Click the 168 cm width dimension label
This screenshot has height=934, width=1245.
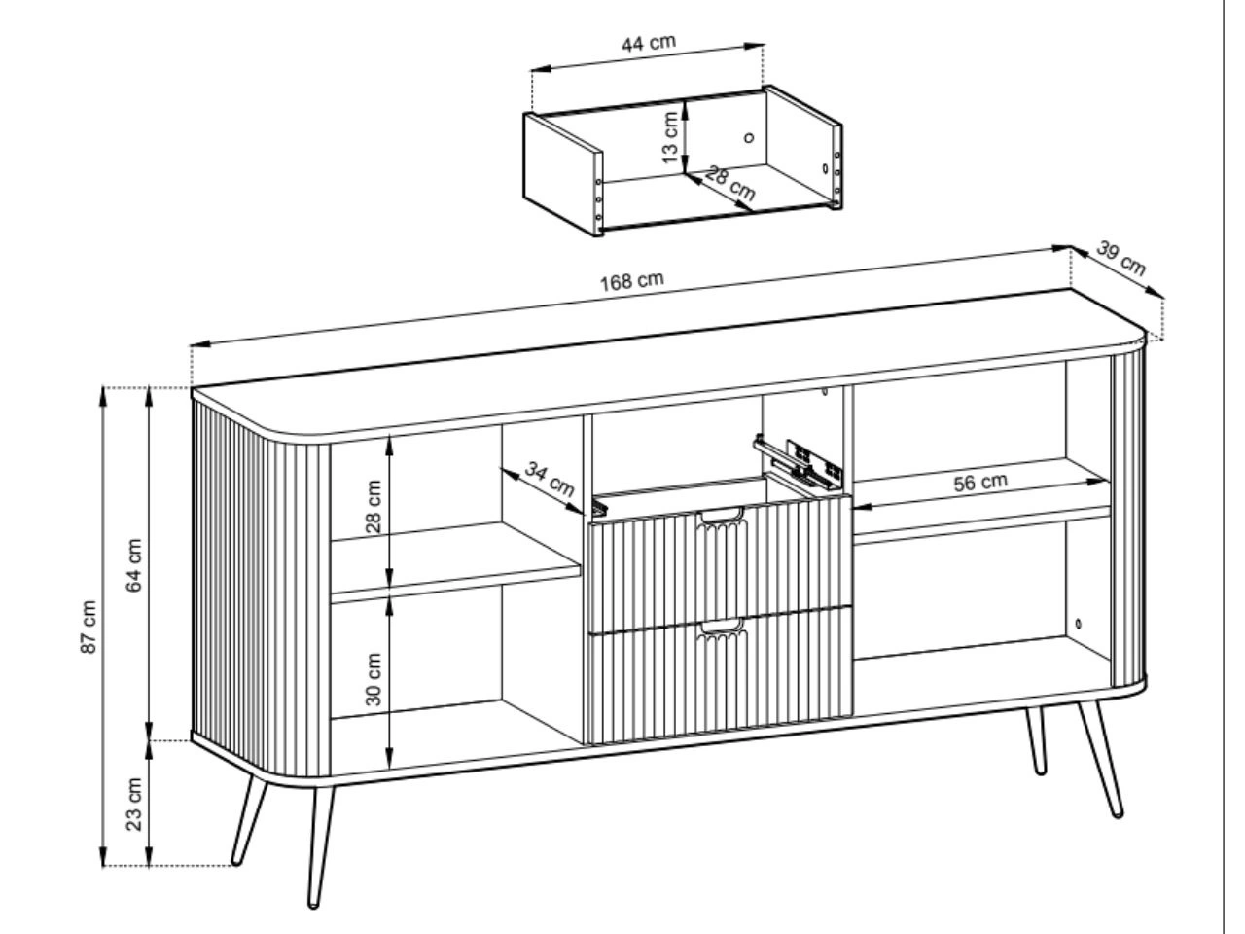631,281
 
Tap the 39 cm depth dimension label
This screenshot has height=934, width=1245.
1120,258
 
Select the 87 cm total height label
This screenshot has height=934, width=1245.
89,627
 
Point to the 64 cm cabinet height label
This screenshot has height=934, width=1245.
133,565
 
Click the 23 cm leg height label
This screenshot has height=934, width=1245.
133,805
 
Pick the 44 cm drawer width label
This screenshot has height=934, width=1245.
649,43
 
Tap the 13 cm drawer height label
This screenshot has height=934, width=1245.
670,137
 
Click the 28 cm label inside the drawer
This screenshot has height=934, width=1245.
730,184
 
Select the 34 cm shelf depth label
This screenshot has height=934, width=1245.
550,479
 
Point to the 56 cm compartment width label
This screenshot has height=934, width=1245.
980,482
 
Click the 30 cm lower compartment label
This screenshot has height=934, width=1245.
373,679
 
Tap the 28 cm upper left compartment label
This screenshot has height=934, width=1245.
373,507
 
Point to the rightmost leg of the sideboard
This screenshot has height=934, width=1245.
1100,760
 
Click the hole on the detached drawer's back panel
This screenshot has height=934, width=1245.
749,137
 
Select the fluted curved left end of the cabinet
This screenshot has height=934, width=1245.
261,584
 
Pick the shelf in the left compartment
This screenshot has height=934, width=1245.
456,561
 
